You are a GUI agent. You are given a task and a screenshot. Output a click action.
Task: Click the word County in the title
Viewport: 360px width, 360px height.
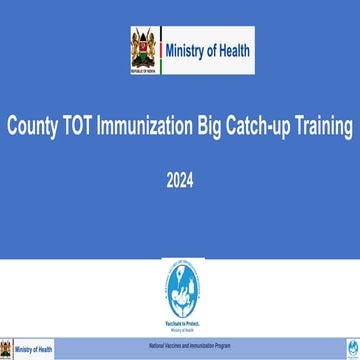(x=33, y=127)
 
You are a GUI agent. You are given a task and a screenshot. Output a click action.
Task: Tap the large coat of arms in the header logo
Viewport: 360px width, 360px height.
(x=143, y=47)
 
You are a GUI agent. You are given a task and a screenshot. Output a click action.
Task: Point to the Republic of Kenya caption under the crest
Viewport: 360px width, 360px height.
(x=143, y=69)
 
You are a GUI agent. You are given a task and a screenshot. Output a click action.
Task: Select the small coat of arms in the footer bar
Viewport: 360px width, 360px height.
(x=8, y=349)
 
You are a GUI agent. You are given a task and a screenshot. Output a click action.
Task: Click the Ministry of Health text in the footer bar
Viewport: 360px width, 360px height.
(x=35, y=349)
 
